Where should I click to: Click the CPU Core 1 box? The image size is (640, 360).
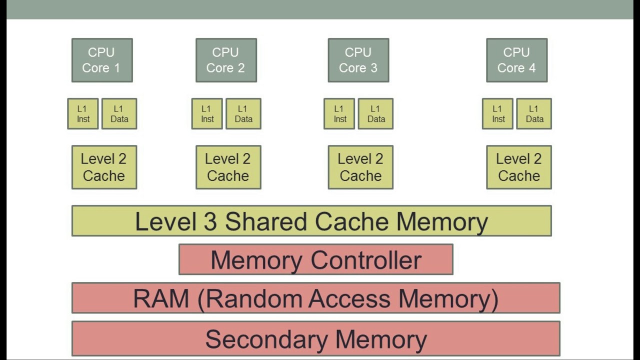coord(102,60)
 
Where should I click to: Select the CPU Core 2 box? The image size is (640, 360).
coord(226,60)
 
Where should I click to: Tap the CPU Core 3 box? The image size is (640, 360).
coord(358,60)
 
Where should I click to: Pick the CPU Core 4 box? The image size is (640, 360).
coord(516,60)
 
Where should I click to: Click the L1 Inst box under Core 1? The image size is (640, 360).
coord(83,114)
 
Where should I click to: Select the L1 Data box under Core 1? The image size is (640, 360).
coord(119,114)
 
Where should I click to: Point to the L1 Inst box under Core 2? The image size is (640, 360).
coord(207,114)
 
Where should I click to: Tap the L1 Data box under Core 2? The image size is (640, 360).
coord(243,114)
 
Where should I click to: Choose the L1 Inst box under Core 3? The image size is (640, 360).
coord(339,114)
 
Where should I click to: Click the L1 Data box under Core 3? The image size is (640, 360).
coord(375,114)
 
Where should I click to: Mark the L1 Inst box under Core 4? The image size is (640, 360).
coord(497,114)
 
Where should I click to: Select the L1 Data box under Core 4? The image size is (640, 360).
coord(534,114)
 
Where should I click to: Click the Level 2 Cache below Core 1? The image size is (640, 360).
coord(104,167)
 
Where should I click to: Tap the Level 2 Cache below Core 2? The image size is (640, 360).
coord(228,167)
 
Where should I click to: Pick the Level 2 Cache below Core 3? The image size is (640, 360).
coord(360,167)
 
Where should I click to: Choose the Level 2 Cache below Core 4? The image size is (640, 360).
coord(519,167)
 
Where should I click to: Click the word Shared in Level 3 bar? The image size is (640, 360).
coord(265,221)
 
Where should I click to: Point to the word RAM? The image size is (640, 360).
coord(161,298)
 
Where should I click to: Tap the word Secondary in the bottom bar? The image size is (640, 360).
coord(267,339)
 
